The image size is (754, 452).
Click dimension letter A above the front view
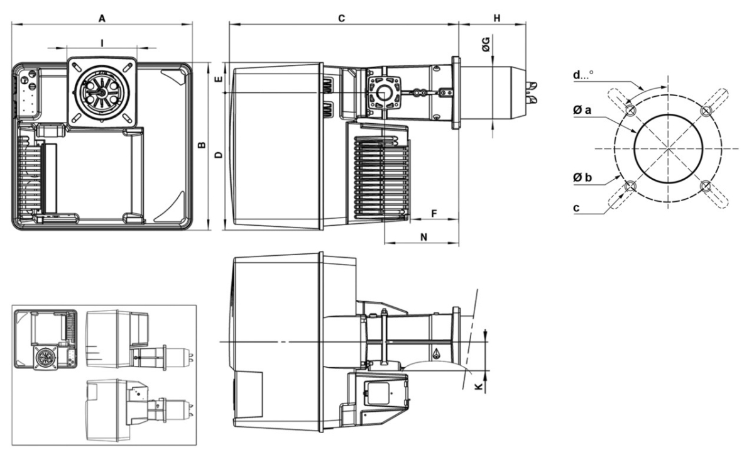point(101,19)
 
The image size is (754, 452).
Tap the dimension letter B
point(201,146)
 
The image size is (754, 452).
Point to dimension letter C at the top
point(341,19)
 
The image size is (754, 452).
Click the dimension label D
point(218,155)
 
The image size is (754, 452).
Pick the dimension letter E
point(218,80)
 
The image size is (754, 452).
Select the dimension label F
point(434,214)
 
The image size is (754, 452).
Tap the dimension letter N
point(423,237)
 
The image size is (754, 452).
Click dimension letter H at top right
point(496,19)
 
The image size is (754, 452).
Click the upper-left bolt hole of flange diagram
point(631,111)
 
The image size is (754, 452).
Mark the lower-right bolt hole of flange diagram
point(706,186)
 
